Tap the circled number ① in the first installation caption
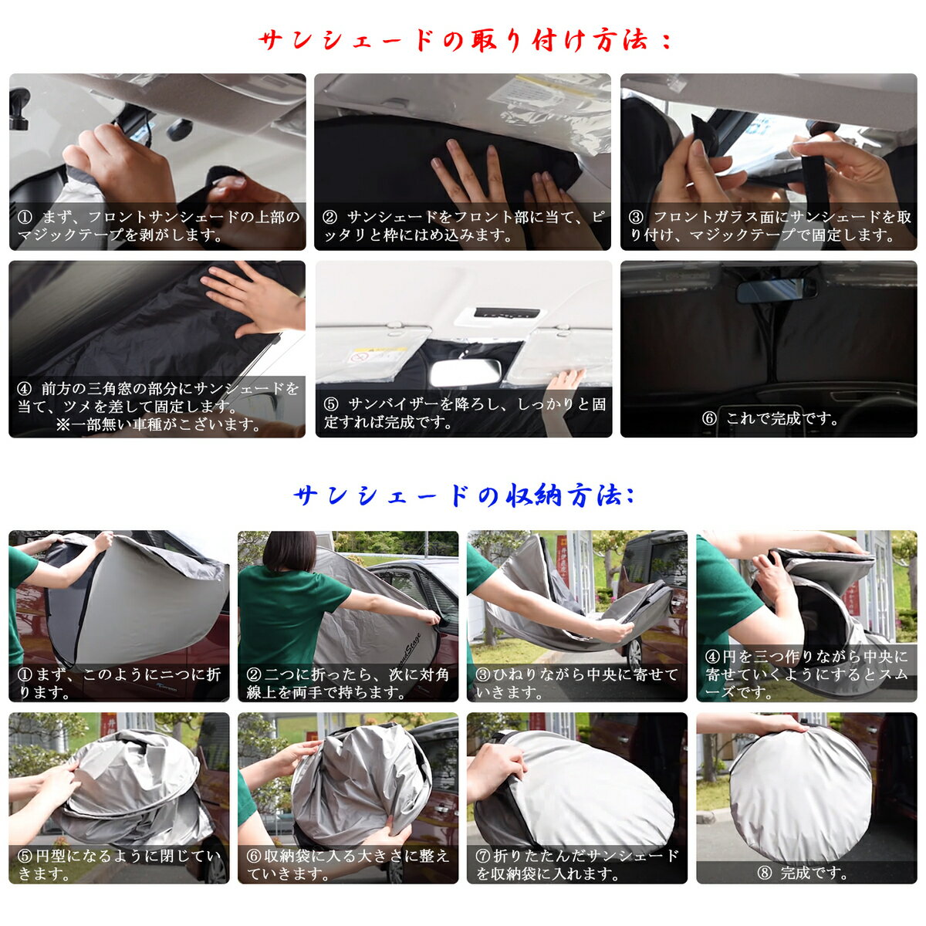[25, 217]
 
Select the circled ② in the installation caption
[330, 217]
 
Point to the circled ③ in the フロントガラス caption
[636, 217]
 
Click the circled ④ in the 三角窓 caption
[25, 388]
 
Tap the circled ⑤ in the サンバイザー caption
[331, 404]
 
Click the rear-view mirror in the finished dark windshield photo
[776, 290]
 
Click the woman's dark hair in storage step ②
[290, 551]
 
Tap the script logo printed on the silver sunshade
[409, 648]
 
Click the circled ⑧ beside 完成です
[764, 873]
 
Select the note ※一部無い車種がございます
[159, 424]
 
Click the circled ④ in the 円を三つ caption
[712, 657]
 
